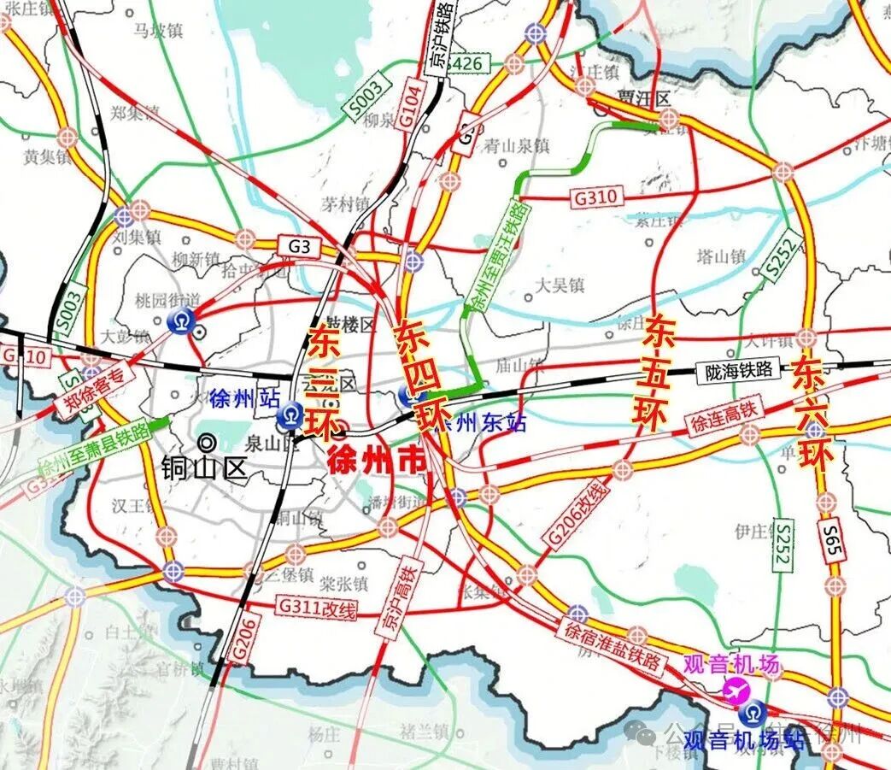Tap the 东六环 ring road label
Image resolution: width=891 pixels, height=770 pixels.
pyautogui.click(x=812, y=417)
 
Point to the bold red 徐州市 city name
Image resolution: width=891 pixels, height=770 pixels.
pyautogui.click(x=377, y=461)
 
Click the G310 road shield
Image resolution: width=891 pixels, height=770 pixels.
pyautogui.click(x=595, y=197)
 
